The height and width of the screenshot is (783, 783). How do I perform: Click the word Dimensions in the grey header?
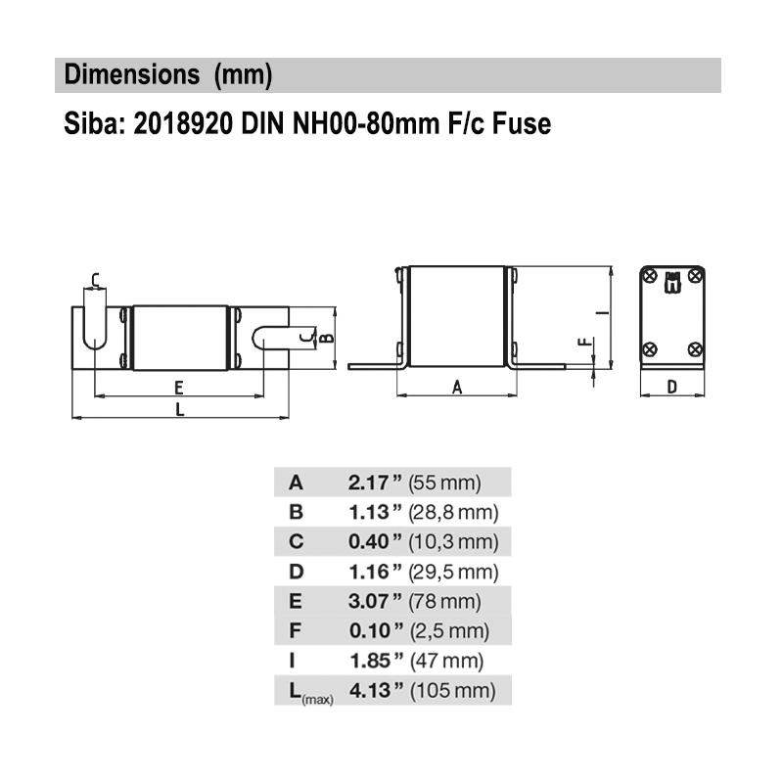tap(124, 74)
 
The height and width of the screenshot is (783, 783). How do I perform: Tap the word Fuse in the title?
tap(524, 124)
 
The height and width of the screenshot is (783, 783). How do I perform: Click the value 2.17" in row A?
tap(376, 482)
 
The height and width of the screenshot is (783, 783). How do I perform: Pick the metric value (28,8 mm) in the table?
tap(454, 512)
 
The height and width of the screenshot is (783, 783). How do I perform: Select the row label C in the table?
tap(297, 541)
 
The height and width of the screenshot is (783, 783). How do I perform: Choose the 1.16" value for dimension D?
tap(376, 572)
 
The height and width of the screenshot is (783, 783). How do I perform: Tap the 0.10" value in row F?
tap(376, 631)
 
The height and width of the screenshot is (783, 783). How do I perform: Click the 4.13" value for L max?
tap(376, 691)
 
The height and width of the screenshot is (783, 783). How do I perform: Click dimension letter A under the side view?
tap(457, 387)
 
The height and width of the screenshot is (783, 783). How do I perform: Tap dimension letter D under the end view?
tap(671, 387)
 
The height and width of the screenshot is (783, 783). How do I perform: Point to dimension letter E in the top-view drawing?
tap(179, 386)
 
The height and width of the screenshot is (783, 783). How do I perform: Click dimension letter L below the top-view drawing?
tap(179, 410)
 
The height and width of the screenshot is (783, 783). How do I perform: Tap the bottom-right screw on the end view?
tap(694, 348)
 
